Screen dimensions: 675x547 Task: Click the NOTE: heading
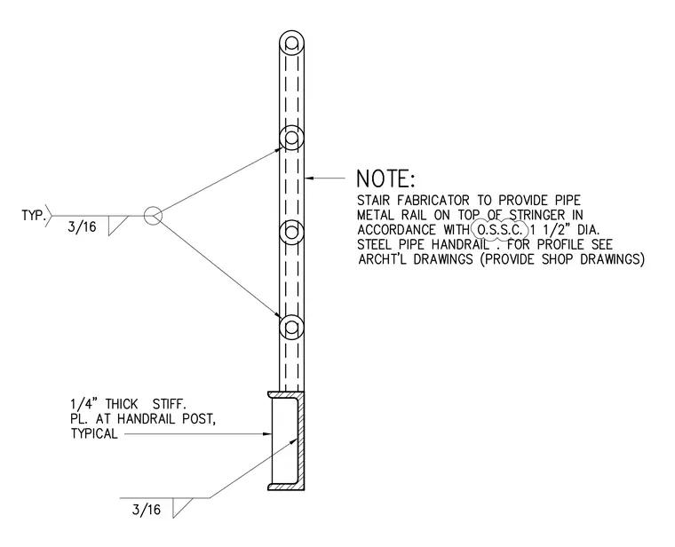[385, 178]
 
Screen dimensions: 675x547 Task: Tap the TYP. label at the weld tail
[34, 215]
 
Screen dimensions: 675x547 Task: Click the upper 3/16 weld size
[82, 226]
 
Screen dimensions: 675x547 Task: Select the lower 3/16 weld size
[147, 510]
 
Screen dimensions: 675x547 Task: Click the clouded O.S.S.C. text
[500, 229]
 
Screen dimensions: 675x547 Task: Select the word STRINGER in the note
[536, 215]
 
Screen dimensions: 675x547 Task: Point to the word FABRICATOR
[433, 200]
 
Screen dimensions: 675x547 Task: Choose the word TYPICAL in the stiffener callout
[94, 433]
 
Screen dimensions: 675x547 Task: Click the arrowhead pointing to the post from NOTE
[310, 178]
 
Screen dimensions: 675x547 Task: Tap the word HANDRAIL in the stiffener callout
[146, 418]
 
